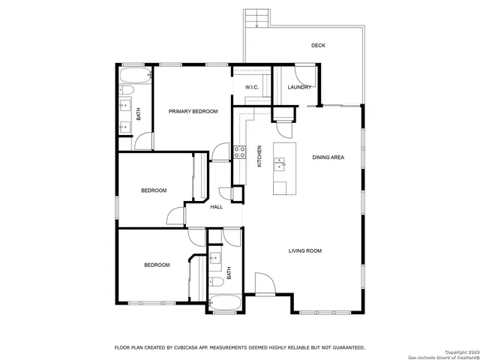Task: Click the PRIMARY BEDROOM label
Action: tap(193, 112)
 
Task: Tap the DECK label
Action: tap(319, 46)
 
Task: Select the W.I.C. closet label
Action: tap(252, 88)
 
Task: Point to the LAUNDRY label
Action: tap(299, 88)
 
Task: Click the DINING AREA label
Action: tap(328, 157)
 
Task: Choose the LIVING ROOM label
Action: tap(305, 250)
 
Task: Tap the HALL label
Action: tap(217, 207)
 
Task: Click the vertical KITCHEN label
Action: tap(259, 156)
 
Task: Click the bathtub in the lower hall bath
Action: tap(225, 304)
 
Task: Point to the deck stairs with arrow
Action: tap(256, 19)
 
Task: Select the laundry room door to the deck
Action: tap(305, 76)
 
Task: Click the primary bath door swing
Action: tap(145, 141)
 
